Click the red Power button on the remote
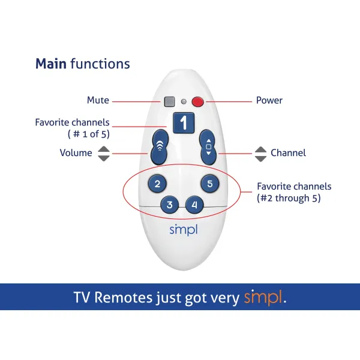[198, 101]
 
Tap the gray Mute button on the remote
[170, 101]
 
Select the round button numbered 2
[157, 184]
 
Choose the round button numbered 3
[170, 205]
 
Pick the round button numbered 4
[194, 205]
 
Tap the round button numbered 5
[209, 184]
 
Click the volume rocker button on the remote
[159, 146]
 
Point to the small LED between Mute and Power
[184, 101]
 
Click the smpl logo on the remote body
[184, 229]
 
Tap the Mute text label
[98, 101]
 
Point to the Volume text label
[76, 153]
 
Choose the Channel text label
[288, 153]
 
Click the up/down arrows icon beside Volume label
[104, 153]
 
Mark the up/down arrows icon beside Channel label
[260, 154]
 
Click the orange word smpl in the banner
[262, 297]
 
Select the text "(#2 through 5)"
[289, 198]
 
